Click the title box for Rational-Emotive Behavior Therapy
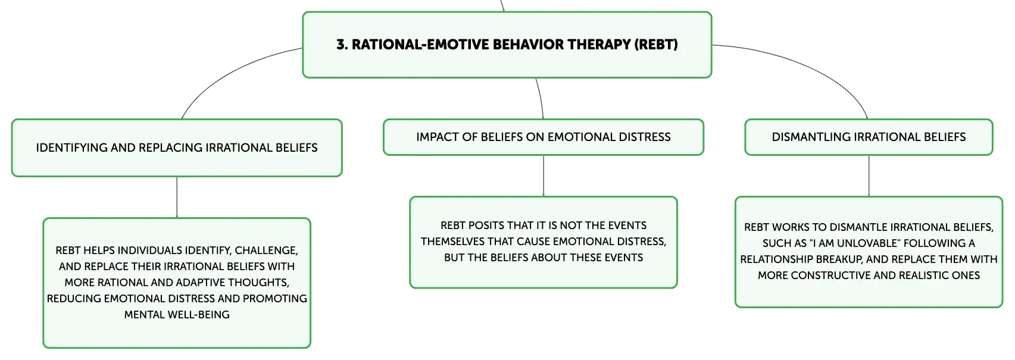(507, 45)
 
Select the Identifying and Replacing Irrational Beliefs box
(177, 148)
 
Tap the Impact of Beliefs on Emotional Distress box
(544, 137)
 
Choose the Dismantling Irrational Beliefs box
(869, 137)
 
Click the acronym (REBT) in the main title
(655, 45)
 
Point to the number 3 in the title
(341, 45)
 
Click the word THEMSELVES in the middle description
(452, 242)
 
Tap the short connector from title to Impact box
(541, 98)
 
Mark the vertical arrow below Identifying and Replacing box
(177, 198)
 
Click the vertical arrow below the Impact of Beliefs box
(544, 176)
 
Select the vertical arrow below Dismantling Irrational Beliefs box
(869, 176)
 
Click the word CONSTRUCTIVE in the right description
(833, 276)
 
